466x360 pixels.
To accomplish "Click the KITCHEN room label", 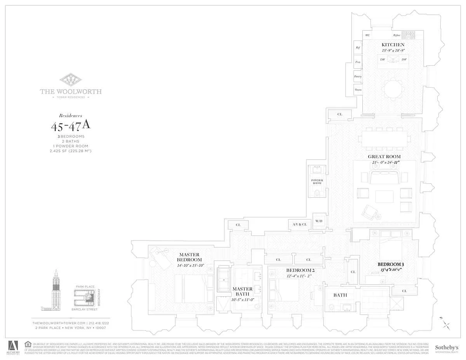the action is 393,45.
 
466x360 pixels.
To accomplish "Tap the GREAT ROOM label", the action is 384,157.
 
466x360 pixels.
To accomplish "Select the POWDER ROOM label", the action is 317,181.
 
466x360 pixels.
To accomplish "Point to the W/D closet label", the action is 319,221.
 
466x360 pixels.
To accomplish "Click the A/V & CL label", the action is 299,224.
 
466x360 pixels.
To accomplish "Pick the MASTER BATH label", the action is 242,291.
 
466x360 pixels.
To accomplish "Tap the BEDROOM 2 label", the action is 300,270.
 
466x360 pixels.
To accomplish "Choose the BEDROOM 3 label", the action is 391,264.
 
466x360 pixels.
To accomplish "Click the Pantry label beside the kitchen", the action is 358,77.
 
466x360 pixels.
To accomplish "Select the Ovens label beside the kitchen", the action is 358,90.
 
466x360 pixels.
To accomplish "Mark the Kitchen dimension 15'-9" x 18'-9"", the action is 393,50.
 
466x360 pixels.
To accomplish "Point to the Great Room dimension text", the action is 384,163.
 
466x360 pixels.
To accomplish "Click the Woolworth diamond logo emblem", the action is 71,80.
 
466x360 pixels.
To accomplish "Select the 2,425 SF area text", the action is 71,151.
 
